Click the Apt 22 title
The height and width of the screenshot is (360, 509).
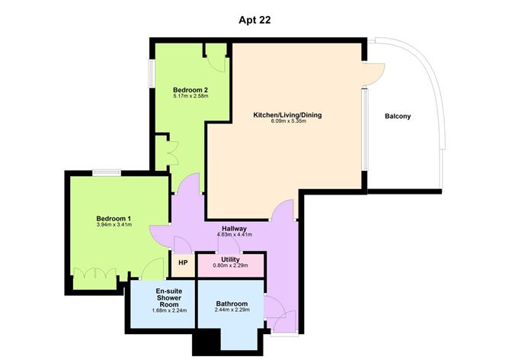pyautogui.click(x=254, y=21)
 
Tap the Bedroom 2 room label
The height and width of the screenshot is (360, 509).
pyautogui.click(x=190, y=90)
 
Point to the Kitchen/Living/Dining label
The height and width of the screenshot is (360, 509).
pyautogui.click(x=287, y=115)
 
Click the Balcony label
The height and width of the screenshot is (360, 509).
pyautogui.click(x=398, y=116)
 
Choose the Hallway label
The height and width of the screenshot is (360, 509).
pyautogui.click(x=234, y=228)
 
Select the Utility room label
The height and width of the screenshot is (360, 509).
pyautogui.click(x=231, y=259)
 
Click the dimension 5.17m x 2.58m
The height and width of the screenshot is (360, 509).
pyautogui.click(x=190, y=97)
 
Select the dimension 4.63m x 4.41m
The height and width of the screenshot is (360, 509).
pyautogui.click(x=234, y=235)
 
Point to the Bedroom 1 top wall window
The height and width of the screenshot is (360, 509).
pyautogui.click(x=106, y=172)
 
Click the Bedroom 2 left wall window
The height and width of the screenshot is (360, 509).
pyautogui.click(x=152, y=73)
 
